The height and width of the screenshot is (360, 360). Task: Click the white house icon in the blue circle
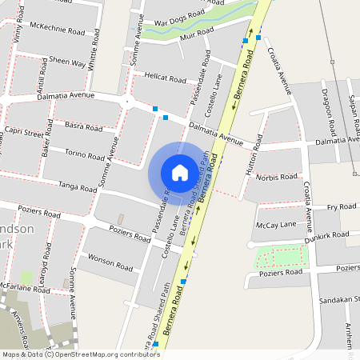click(x=179, y=172)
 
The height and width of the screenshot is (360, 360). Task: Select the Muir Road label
click(x=197, y=33)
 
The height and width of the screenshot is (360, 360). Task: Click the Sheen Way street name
click(x=67, y=62)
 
